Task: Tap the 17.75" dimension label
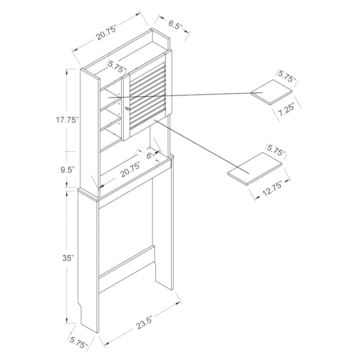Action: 67,120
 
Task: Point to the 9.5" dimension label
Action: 67,170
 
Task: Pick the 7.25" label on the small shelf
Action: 285,111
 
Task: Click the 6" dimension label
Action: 150,155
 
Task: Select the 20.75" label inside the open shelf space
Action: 131,170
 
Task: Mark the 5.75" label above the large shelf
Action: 276,150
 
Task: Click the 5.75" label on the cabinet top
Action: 117,66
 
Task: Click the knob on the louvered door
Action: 127,108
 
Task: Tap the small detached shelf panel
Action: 272,92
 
